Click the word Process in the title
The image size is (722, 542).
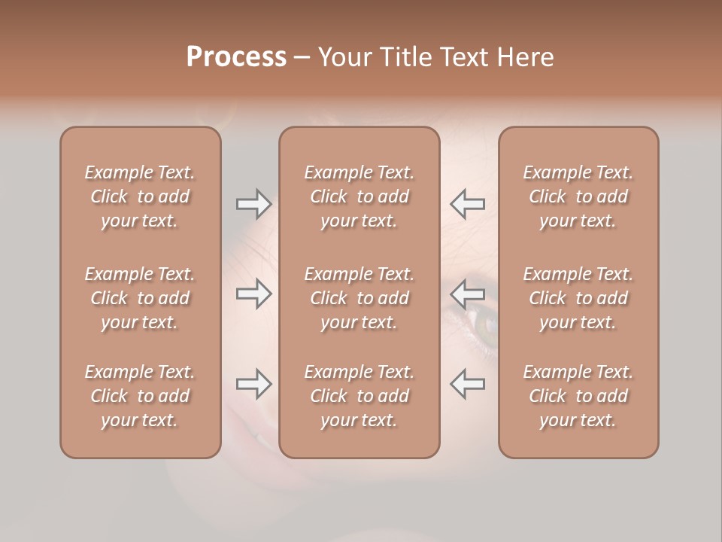pos(236,57)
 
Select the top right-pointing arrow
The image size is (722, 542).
pos(253,203)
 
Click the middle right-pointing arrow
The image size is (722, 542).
pos(253,294)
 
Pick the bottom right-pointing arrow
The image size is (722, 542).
pos(253,384)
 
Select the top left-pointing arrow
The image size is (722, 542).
pos(468,203)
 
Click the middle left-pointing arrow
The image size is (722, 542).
pos(468,294)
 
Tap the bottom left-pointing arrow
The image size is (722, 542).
pos(468,384)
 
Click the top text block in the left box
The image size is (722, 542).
pos(140,196)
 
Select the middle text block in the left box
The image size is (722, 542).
pos(140,298)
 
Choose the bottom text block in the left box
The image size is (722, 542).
pos(140,396)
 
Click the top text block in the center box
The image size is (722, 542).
pos(359,196)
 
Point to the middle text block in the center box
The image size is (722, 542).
pos(359,298)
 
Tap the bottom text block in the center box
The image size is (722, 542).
pos(359,396)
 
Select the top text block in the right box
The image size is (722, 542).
pos(578,196)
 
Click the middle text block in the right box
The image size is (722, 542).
pos(578,298)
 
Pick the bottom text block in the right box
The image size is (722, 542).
pos(578,396)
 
